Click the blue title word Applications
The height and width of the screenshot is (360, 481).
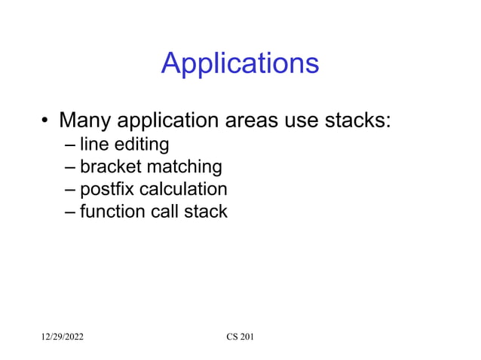pyautogui.click(x=240, y=64)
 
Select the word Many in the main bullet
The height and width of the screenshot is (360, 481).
pyautogui.click(x=85, y=121)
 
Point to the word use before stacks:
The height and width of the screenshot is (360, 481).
pyautogui.click(x=308, y=121)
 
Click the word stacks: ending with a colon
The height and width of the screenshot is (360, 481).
pyautogui.click(x=361, y=121)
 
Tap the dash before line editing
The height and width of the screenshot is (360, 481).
pyautogui.click(x=70, y=144)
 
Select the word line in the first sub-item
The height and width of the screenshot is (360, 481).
pyautogui.click(x=93, y=143)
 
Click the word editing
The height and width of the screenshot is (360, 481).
pyautogui.click(x=140, y=144)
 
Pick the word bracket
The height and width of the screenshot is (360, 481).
pyautogui.click(x=106, y=166)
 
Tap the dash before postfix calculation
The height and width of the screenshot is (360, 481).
pyautogui.click(x=70, y=189)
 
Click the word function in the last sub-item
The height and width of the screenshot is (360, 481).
pyautogui.click(x=112, y=211)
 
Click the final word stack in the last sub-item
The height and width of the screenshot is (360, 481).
pyautogui.click(x=206, y=211)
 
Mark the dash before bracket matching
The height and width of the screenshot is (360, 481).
pyautogui.click(x=70, y=166)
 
